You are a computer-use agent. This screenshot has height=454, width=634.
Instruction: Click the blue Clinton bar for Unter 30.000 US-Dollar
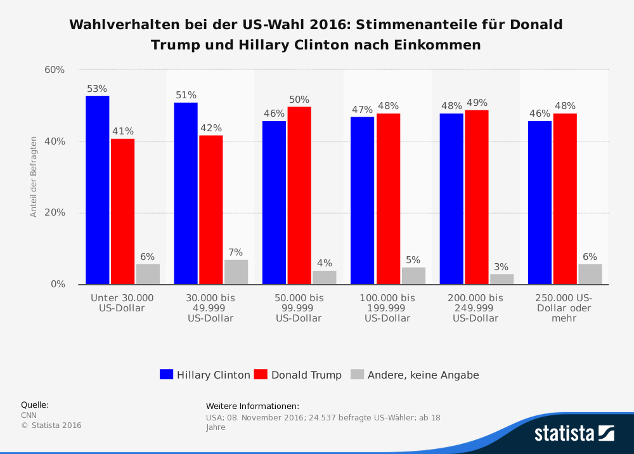[98, 190]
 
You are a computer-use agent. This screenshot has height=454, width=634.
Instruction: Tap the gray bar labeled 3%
[501, 279]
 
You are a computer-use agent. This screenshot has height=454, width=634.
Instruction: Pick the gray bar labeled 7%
[236, 272]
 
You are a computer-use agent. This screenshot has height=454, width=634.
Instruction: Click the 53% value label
[98, 89]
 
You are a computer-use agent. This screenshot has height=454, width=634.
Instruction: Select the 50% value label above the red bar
[299, 100]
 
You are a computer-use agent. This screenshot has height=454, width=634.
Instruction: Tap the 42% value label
[211, 128]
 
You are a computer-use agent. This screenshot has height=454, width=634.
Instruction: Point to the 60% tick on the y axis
[55, 70]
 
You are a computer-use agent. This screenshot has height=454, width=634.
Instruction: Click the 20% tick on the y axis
[55, 213]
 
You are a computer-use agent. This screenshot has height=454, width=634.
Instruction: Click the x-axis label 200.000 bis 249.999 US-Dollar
[475, 308]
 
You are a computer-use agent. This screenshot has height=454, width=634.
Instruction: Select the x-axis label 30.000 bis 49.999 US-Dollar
[210, 308]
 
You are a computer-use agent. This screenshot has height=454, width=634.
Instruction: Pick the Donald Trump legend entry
[297, 375]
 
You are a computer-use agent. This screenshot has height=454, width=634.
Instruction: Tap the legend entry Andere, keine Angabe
[415, 375]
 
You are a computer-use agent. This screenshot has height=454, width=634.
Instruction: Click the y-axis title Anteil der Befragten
[34, 177]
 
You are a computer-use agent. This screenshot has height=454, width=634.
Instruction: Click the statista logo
[574, 433]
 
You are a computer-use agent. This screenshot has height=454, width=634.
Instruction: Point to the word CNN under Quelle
[29, 415]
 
